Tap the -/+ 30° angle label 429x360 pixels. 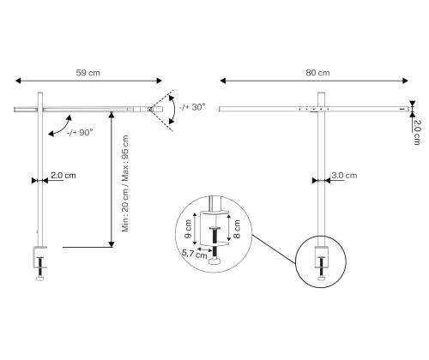click(193, 107)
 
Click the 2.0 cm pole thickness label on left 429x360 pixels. click(63, 175)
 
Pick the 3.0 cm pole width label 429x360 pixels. click(344, 175)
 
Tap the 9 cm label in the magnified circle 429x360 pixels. click(191, 230)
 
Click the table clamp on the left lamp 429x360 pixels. click(39, 257)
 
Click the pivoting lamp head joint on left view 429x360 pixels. click(150, 109)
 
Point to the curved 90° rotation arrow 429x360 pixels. click(60, 127)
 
